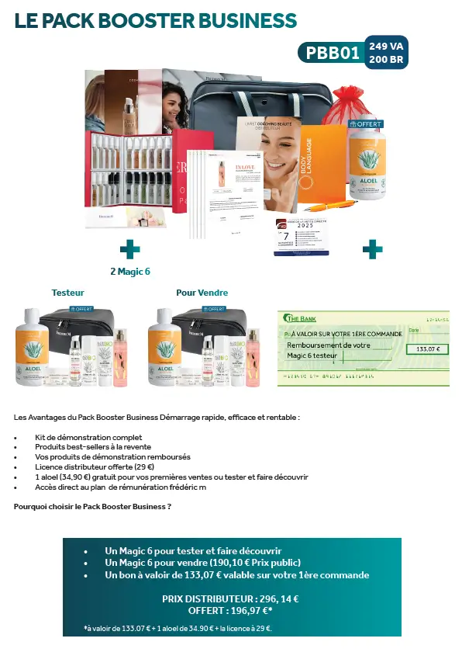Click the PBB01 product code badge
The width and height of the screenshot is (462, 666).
[333, 53]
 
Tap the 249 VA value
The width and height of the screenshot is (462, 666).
[387, 46]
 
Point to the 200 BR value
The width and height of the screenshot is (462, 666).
[387, 59]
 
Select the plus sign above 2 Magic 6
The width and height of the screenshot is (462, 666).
[129, 249]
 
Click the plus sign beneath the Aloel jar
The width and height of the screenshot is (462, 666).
[372, 249]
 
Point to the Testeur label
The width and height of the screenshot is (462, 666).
[68, 293]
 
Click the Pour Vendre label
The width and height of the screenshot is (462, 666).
[202, 293]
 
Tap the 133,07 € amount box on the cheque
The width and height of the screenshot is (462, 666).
[427, 349]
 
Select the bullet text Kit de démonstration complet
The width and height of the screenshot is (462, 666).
[88, 438]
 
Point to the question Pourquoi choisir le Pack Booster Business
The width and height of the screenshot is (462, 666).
[92, 506]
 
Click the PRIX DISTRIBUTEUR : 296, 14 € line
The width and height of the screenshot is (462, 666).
[230, 598]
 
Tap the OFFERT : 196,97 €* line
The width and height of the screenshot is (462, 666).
[230, 612]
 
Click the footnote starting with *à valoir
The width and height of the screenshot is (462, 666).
[178, 628]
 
